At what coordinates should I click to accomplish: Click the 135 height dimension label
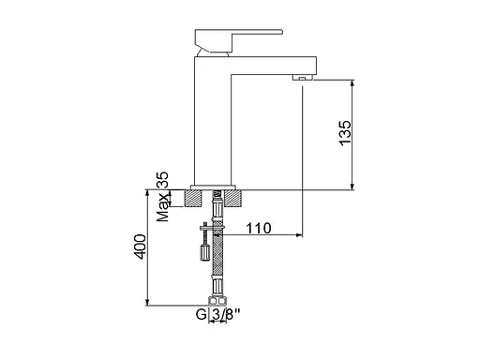tap(345, 133)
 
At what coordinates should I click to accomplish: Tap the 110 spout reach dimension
tap(259, 229)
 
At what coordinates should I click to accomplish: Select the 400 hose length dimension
tap(140, 247)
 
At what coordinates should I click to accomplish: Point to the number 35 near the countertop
tap(162, 179)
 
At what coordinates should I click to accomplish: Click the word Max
tap(163, 207)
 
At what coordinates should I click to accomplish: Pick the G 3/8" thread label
tap(218, 314)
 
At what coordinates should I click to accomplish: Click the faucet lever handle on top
tap(239, 40)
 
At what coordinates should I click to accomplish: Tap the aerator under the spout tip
tap(303, 78)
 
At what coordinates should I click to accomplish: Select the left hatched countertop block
tap(194, 198)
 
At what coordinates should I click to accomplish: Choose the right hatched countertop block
tap(233, 198)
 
